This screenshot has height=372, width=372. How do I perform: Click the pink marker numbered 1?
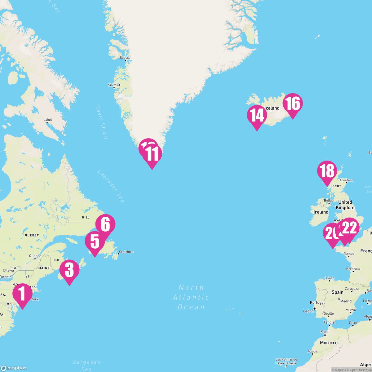(x=22, y=294)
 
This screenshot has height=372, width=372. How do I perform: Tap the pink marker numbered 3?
(x=69, y=270)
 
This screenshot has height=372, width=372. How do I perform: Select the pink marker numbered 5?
(x=95, y=242)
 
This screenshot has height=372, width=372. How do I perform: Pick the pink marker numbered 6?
(x=105, y=224)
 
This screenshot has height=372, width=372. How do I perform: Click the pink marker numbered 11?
(x=152, y=154)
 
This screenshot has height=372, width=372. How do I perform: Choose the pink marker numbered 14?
(x=257, y=115)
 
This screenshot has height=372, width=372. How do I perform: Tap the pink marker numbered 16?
(x=293, y=104)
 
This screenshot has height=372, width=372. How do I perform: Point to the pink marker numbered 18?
(x=327, y=171)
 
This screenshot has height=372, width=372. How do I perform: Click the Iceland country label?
(x=272, y=108)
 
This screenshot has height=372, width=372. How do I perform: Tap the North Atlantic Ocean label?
(x=191, y=297)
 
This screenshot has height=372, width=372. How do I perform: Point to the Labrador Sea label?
(x=111, y=186)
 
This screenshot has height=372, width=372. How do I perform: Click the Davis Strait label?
(x=101, y=122)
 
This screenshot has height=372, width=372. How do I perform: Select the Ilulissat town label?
(x=126, y=57)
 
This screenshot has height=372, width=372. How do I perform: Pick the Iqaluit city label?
(x=47, y=119)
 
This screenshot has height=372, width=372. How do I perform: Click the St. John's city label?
(x=126, y=252)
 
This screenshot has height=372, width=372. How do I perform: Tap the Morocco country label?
(x=329, y=343)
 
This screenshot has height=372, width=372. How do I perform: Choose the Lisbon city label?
(x=308, y=311)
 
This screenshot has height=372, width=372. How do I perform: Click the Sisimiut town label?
(x=114, y=85)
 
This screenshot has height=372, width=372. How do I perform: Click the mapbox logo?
(x=14, y=368)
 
